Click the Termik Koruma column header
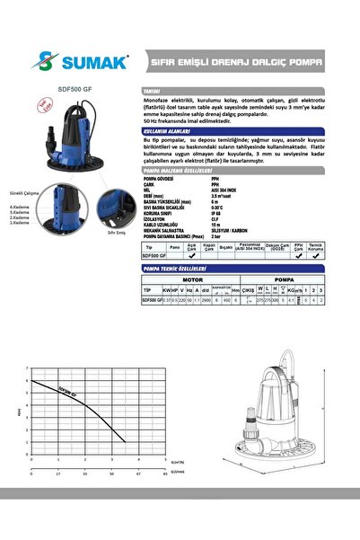coord(315,245)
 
